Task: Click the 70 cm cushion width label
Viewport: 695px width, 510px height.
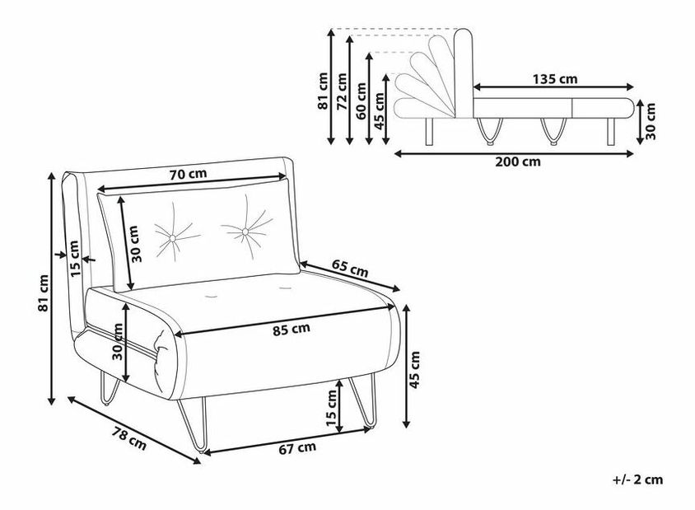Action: [188, 173]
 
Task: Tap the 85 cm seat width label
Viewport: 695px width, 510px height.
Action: [292, 329]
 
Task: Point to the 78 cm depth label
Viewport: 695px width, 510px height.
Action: [128, 437]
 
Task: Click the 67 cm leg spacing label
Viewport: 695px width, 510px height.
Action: [297, 448]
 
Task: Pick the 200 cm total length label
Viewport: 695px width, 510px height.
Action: [518, 161]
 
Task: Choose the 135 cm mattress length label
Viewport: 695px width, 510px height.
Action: [555, 79]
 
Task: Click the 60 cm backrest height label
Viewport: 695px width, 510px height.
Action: [361, 101]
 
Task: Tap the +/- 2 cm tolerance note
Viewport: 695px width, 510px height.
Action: [638, 480]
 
